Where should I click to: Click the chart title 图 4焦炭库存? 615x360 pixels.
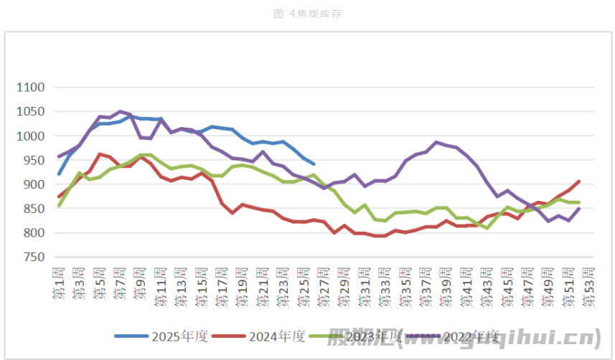[x=306, y=14]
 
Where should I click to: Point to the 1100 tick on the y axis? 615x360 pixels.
[x=31, y=87]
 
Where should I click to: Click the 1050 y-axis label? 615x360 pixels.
[x=31, y=112]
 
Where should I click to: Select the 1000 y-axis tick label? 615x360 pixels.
[x=31, y=136]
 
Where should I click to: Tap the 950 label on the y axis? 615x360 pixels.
[x=33, y=161]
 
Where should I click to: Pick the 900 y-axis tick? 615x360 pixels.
[x=33, y=184]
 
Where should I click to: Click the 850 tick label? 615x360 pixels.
[x=33, y=209]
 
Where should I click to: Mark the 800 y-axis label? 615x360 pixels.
[x=33, y=233]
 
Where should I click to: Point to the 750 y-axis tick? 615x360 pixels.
[x=33, y=257]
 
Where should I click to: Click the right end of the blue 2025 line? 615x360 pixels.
[x=313, y=164]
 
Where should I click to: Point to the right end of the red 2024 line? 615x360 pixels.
[x=578, y=181]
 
